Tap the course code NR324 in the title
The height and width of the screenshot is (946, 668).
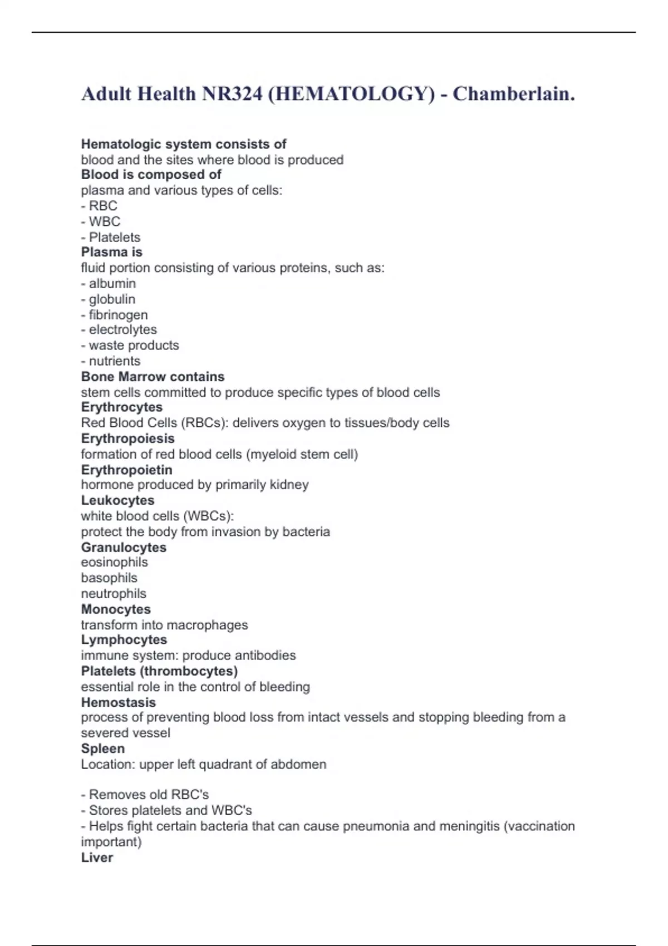232,94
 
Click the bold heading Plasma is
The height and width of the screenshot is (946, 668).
111,252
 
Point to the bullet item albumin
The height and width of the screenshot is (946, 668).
112,283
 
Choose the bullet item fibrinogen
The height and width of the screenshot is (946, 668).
118,314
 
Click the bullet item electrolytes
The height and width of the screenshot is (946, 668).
122,329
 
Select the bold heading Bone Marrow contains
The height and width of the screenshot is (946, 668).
153,377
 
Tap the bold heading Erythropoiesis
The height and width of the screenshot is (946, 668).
127,438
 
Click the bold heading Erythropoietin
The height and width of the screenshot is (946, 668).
126,470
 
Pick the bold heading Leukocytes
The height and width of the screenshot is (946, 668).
117,500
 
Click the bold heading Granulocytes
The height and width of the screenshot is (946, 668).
124,547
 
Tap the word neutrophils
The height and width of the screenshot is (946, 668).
114,593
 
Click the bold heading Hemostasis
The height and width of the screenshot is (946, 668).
118,702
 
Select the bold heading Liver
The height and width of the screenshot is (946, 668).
97,858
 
